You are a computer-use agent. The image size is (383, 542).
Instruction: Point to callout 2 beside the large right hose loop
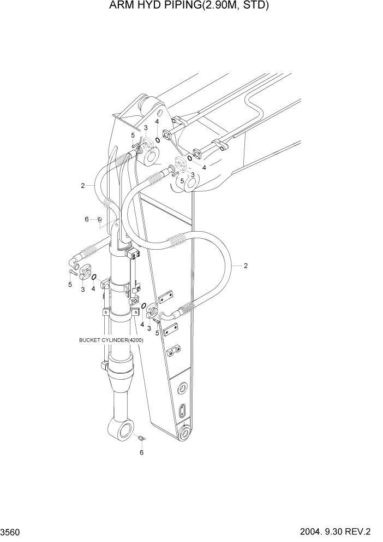point(246,266)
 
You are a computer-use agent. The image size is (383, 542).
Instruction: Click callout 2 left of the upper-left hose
point(83,186)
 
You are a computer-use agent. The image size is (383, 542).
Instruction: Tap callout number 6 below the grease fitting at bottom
point(142,452)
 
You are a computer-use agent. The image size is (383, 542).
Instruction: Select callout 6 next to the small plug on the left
point(86,219)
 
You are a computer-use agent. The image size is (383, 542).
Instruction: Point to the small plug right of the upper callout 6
point(99,219)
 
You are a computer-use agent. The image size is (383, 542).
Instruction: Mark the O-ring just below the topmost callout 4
point(157,140)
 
